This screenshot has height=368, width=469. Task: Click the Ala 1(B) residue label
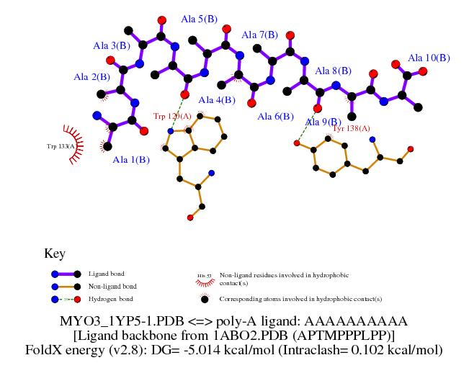tap(131, 160)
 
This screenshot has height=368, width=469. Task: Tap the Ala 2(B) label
tap(91, 77)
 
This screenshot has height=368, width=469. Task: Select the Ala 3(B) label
tap(112, 45)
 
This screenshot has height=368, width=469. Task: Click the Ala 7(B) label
tap(259, 35)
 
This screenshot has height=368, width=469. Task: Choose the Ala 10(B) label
tap(429, 58)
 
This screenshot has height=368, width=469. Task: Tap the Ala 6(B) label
tap(275, 116)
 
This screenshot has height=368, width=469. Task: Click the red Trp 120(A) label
tap(172, 116)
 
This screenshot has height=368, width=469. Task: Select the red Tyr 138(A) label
tap(351, 128)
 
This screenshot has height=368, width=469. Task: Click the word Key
tap(55, 253)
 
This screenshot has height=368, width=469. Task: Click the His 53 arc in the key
tap(202, 276)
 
